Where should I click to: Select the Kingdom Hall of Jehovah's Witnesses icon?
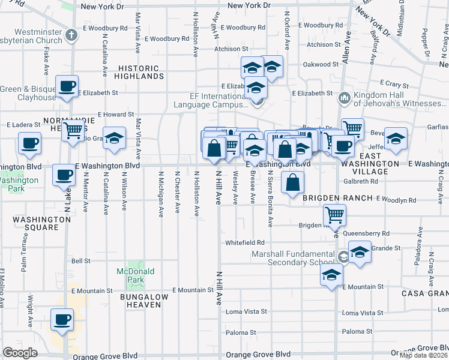coord(345,97)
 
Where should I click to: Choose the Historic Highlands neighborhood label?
coord(141,72)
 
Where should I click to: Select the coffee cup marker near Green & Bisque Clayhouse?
coord(67,86)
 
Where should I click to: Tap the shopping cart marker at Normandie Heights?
coord(73,129)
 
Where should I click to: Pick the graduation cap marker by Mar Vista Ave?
coord(113,139)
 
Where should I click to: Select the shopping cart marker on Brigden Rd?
coord(334,214)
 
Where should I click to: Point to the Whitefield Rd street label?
coord(245,242)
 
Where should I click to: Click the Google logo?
coord(20,353)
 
